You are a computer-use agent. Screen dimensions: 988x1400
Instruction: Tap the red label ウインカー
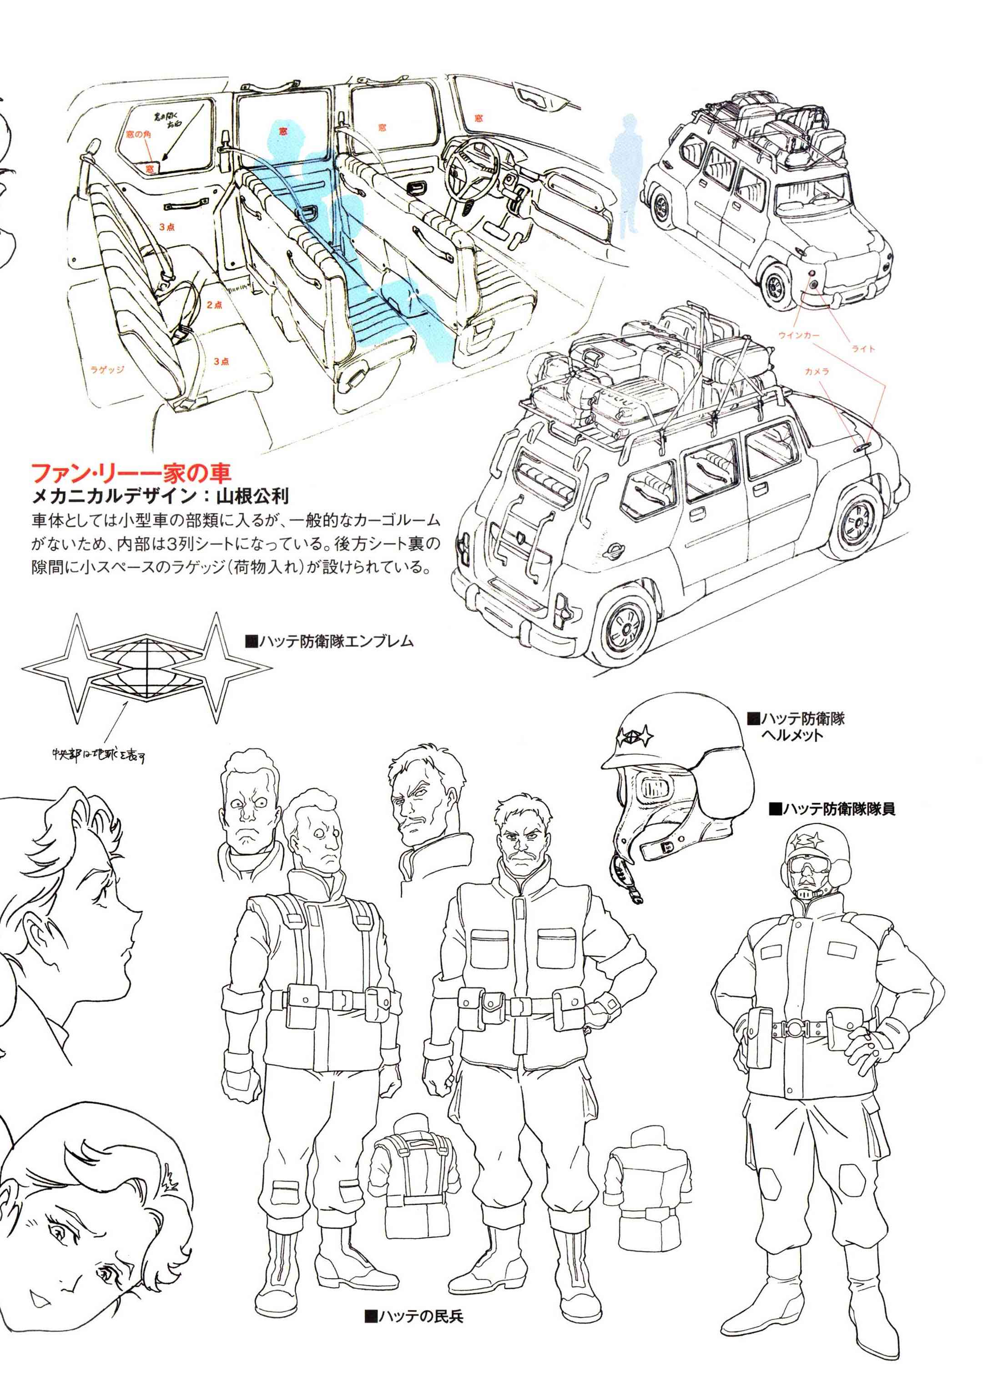pyautogui.click(x=798, y=336)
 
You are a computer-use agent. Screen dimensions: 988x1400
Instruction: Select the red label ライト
pyautogui.click(x=862, y=349)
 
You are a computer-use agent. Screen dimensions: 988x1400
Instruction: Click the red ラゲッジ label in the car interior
pyautogui.click(x=107, y=370)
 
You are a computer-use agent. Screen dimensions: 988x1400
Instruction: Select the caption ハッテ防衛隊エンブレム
pyautogui.click(x=329, y=641)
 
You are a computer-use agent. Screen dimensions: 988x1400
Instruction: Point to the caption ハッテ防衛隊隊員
pyautogui.click(x=832, y=809)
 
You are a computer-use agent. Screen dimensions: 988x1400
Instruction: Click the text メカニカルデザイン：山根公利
pyautogui.click(x=160, y=497)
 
